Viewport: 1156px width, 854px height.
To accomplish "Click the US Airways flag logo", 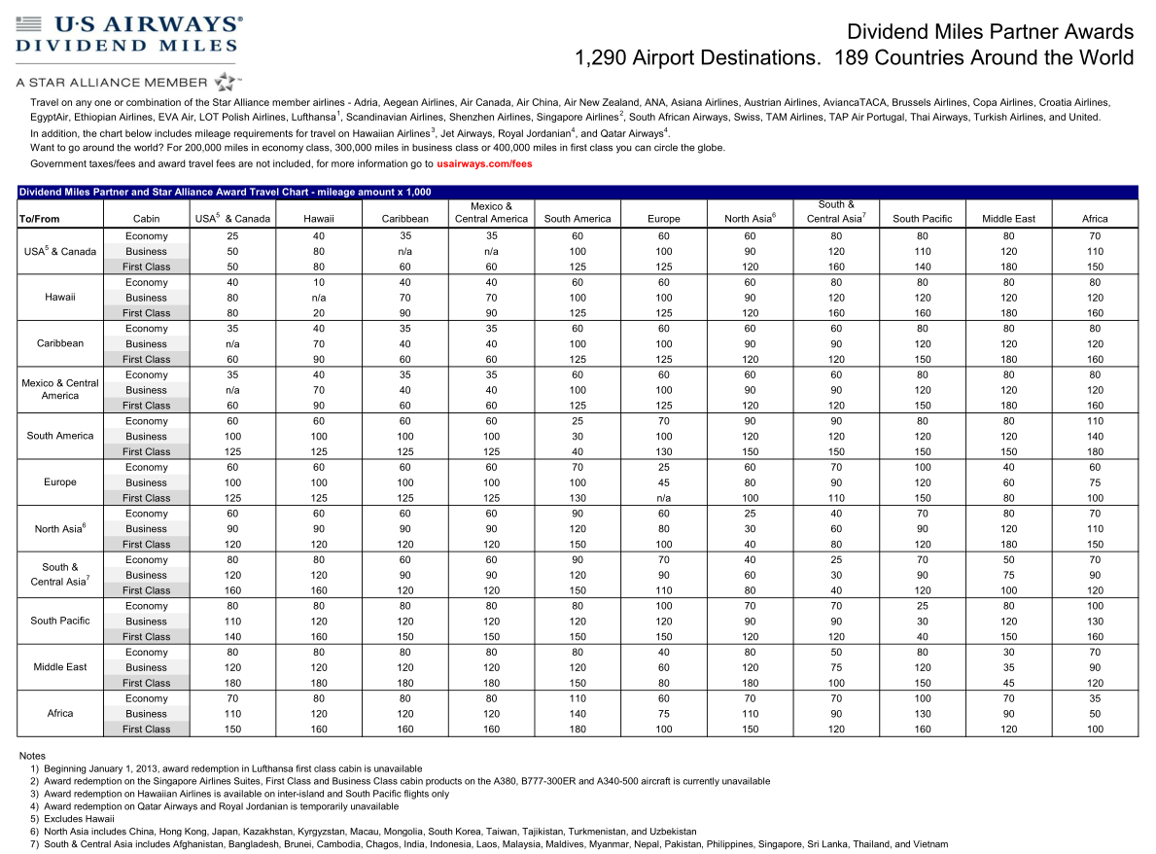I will point(29,22).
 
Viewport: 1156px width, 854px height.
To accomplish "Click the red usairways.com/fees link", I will point(484,164).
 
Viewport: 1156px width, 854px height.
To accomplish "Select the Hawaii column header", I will point(318,219).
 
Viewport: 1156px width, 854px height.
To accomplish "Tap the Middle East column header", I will point(1008,219).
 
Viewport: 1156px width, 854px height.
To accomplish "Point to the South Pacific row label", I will point(60,621).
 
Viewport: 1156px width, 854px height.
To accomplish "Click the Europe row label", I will point(60,482).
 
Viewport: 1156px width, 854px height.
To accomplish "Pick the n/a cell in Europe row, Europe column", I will point(664,498).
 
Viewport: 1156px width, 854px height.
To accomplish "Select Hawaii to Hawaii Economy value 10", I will point(318,283).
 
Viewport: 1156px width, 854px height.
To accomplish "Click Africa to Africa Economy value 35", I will point(1095,698).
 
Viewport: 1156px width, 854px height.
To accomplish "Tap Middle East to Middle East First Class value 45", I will point(1008,683).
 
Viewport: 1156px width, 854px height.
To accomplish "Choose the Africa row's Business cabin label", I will point(146,714).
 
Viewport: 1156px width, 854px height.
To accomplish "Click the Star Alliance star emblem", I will point(226,81).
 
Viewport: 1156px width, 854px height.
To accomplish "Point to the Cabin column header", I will point(146,219).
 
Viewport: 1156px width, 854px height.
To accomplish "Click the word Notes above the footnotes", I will point(32,756).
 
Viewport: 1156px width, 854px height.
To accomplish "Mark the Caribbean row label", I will point(60,343).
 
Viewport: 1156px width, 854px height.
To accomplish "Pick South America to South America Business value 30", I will point(578,437).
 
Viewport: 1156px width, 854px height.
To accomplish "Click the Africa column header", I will point(1095,219).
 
